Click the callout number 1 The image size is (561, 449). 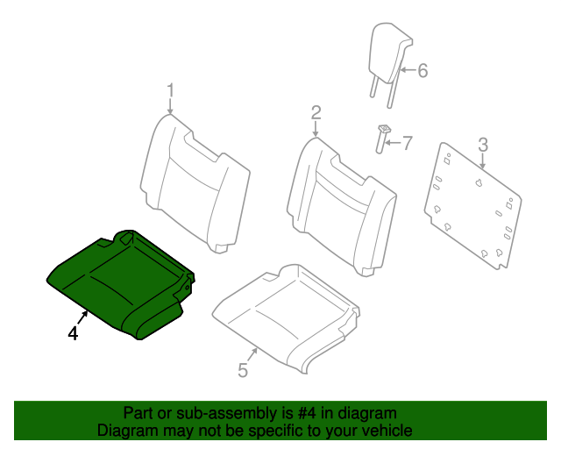pyautogui.click(x=171, y=90)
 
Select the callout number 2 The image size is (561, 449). pyautogui.click(x=316, y=112)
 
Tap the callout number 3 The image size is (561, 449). pyautogui.click(x=482, y=145)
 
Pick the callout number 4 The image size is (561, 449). pyautogui.click(x=73, y=334)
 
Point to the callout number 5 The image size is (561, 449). pyautogui.click(x=243, y=370)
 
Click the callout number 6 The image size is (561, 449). pyautogui.click(x=423, y=70)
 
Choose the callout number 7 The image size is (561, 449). pyautogui.click(x=406, y=142)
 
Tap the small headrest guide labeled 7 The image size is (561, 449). pyautogui.click(x=382, y=137)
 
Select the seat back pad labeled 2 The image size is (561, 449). pyautogui.click(x=337, y=197)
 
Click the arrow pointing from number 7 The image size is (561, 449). pyautogui.click(x=393, y=141)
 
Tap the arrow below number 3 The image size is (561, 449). pyautogui.click(x=482, y=161)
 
